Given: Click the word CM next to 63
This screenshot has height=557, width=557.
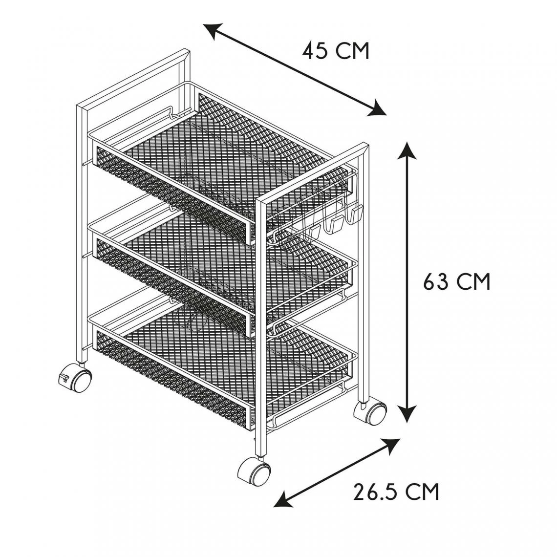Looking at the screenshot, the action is (x=473, y=282).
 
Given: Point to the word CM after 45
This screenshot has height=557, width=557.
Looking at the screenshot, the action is (x=352, y=51).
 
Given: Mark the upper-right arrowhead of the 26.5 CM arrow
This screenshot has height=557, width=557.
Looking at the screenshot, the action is (x=391, y=446).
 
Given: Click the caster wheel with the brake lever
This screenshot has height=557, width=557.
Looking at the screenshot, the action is (x=81, y=380).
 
